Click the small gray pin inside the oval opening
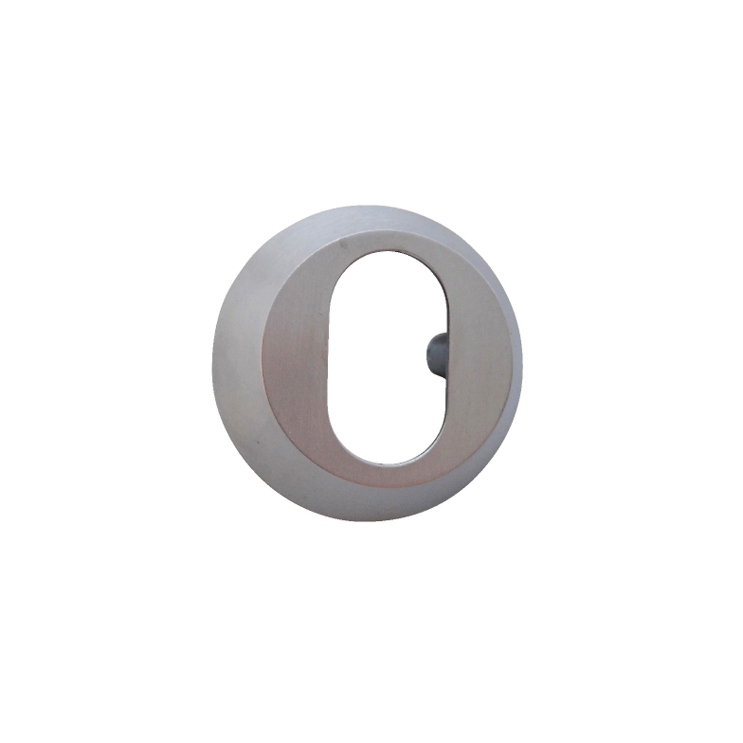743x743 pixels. point(436,356)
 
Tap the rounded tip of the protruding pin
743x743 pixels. point(429,356)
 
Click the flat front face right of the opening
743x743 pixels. point(478,356)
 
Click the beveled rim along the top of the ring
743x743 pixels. point(369,218)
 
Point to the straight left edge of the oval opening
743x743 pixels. point(327,356)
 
